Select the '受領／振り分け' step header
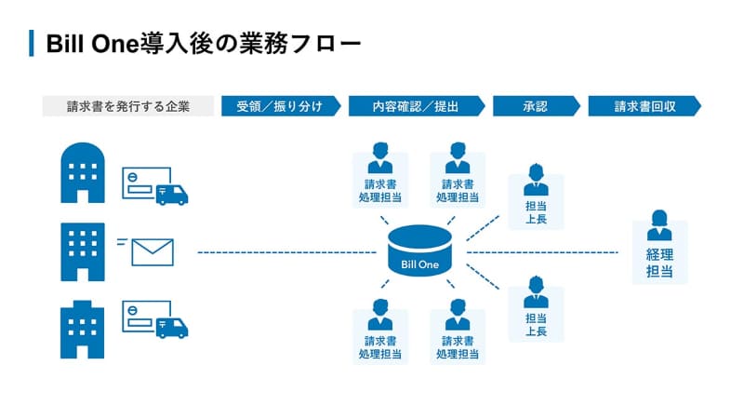click(x=279, y=106)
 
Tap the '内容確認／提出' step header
click(x=416, y=106)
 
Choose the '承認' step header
click(x=535, y=106)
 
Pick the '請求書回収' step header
click(x=644, y=106)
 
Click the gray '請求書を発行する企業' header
click(x=128, y=106)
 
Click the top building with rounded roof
click(x=82, y=172)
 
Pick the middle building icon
click(x=82, y=251)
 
